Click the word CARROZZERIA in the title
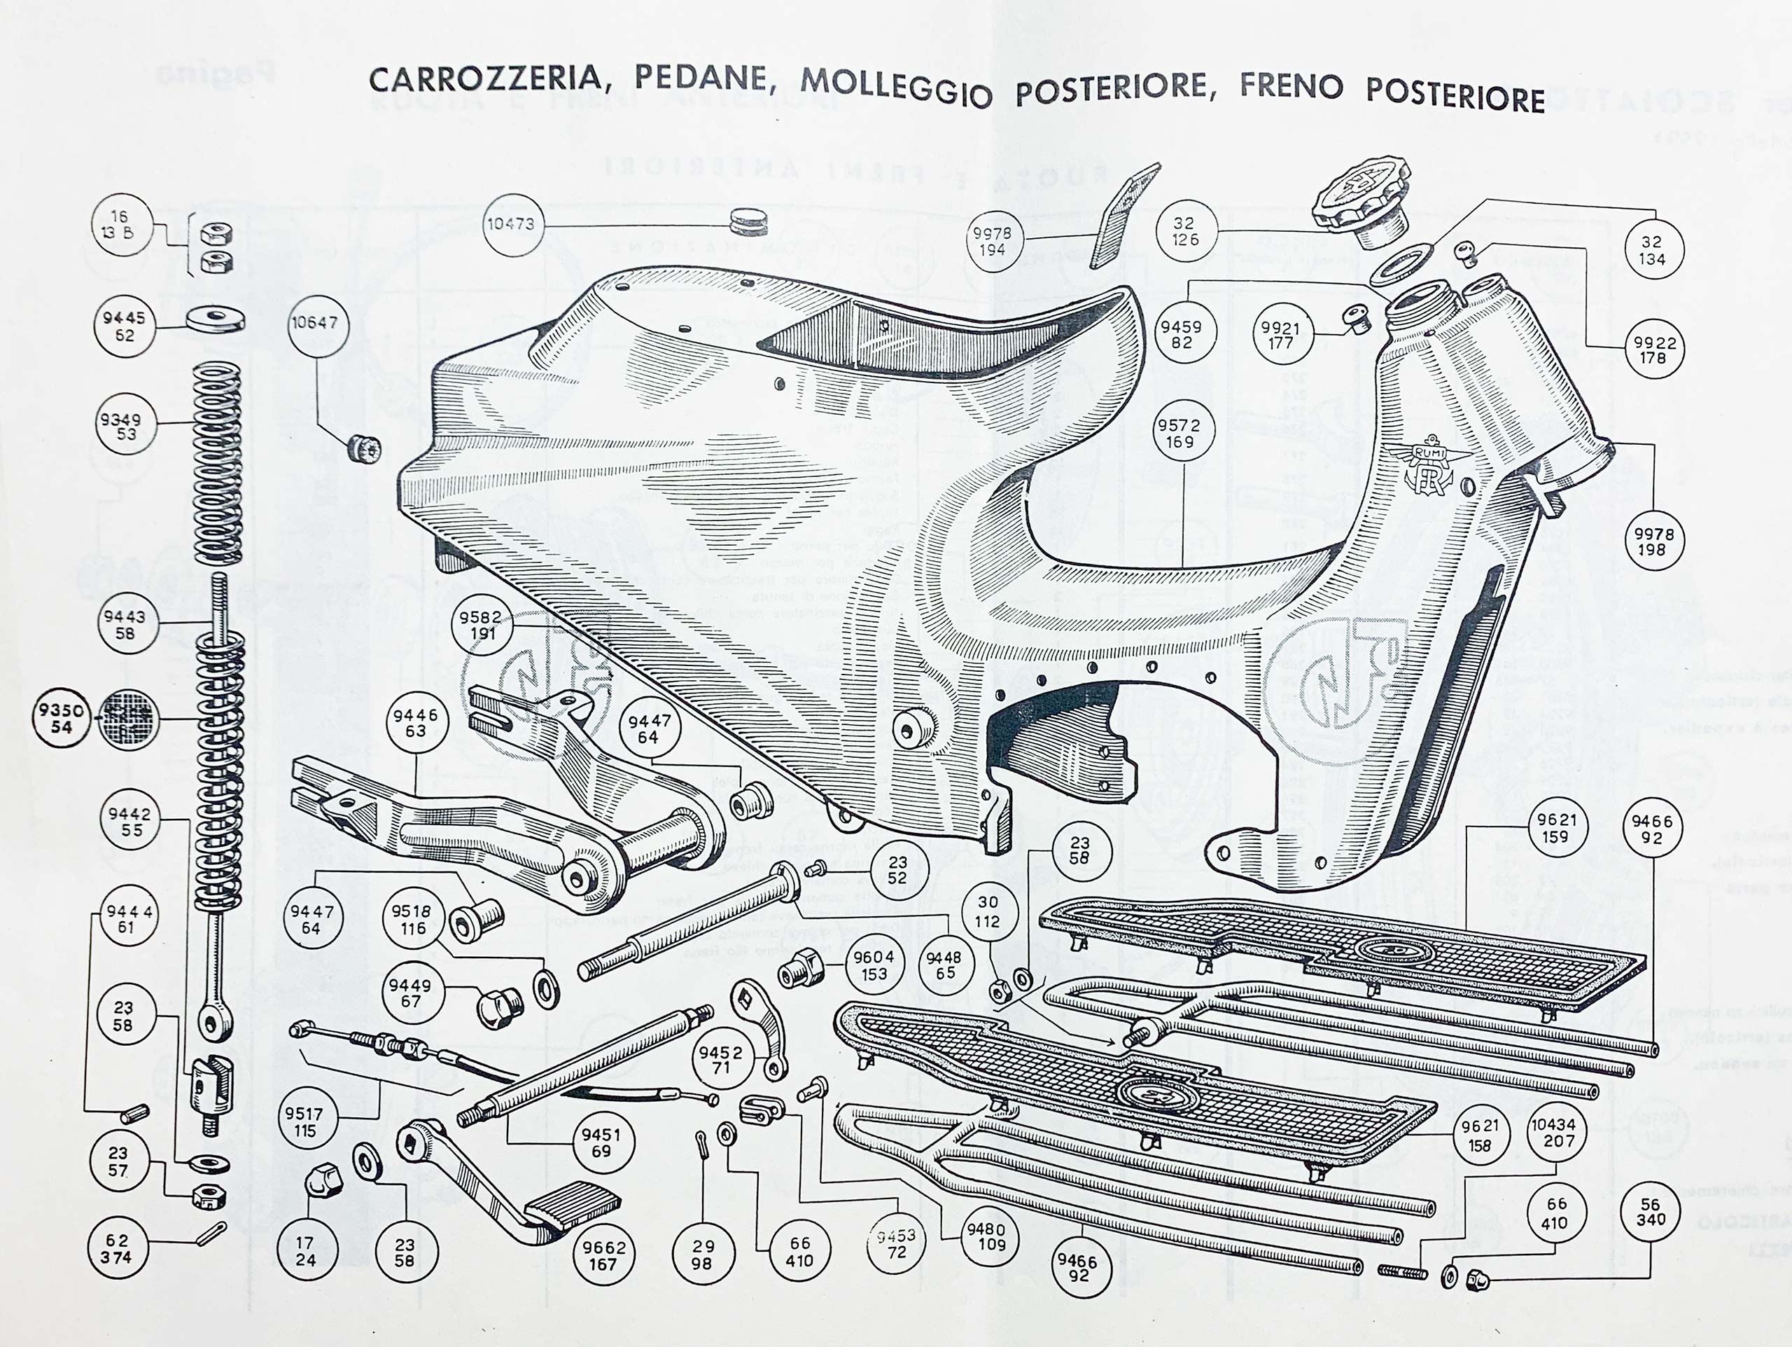pyautogui.click(x=484, y=78)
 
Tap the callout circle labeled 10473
pyautogui.click(x=510, y=223)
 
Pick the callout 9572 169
pyautogui.click(x=1179, y=434)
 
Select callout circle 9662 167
pyautogui.click(x=603, y=1255)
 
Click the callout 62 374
pyautogui.click(x=117, y=1249)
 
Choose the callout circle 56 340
pyautogui.click(x=1650, y=1212)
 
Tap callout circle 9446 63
pyautogui.click(x=416, y=723)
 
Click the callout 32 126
pyautogui.click(x=1184, y=231)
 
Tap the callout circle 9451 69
pyautogui.click(x=601, y=1142)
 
